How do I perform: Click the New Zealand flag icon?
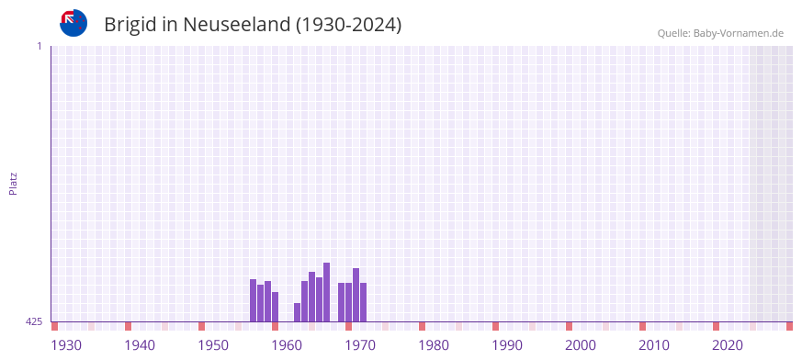point(73,23)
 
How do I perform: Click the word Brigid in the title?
point(133,25)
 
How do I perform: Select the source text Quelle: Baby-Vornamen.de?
point(719,34)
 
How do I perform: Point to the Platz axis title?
point(13,183)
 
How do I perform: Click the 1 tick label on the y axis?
point(39,46)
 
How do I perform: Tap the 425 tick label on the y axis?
point(34,321)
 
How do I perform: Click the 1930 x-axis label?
point(66,345)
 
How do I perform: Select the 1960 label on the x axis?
point(287,345)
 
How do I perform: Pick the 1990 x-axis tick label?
point(507,345)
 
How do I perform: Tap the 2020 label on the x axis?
point(728,345)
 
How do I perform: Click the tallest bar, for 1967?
point(326,292)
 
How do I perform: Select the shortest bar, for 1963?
point(297,312)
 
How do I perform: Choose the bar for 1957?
point(253,300)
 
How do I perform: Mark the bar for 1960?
point(275,307)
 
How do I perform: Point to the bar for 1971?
point(356,295)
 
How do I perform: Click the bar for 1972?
point(363,302)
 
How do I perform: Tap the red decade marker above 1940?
point(128,326)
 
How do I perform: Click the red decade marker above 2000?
point(569,326)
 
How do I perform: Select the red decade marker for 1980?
point(422,326)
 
